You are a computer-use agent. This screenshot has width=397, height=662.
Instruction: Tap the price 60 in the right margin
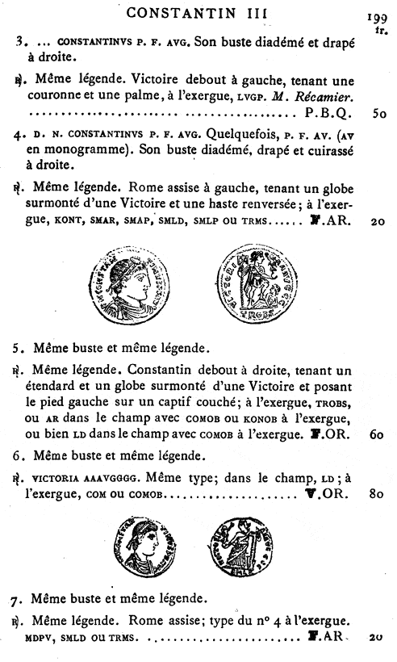click(375, 434)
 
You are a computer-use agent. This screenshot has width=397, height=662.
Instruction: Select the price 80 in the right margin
click(375, 492)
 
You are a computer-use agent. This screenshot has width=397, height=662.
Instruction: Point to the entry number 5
click(17, 349)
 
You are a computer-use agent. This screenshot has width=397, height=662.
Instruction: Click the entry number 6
click(17, 454)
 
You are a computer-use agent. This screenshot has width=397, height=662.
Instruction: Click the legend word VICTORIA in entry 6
click(59, 474)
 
